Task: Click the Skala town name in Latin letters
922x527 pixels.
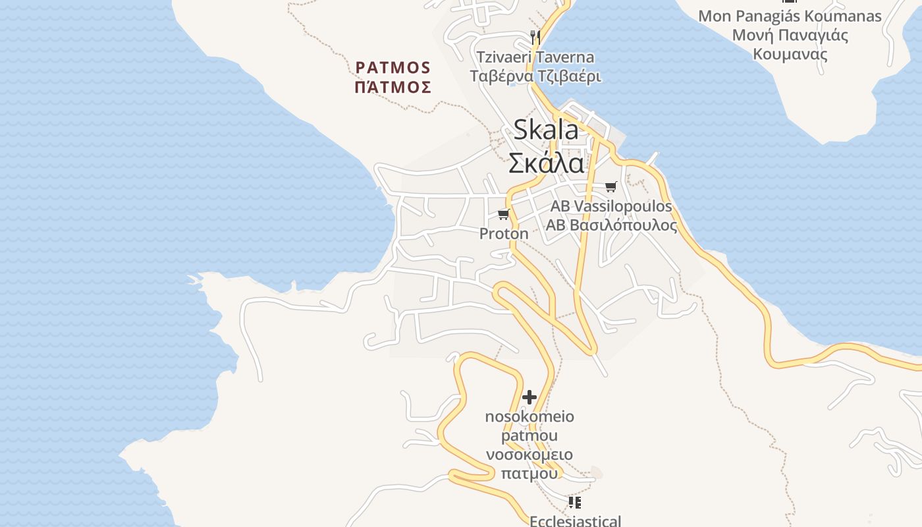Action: tap(546, 130)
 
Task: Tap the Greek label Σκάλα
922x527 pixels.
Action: tap(546, 163)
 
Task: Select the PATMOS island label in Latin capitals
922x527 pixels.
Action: tap(393, 68)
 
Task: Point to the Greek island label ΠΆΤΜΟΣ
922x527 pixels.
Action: tap(393, 87)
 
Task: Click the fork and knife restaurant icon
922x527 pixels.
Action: tap(535, 37)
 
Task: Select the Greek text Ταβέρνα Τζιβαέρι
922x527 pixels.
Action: tap(535, 76)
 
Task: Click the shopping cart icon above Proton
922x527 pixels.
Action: tap(504, 215)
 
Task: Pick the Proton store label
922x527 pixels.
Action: tap(504, 234)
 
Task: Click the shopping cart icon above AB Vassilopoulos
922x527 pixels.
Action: tap(611, 187)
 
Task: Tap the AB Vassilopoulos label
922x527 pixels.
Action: tap(611, 206)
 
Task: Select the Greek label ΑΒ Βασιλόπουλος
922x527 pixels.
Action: tap(611, 225)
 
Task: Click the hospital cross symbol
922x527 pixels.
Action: tap(529, 397)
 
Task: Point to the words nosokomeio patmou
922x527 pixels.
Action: tap(529, 426)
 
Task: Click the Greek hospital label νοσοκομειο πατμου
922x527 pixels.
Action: tap(529, 464)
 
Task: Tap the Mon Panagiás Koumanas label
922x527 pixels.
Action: tap(790, 16)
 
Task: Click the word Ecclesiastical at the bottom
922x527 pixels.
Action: tap(575, 521)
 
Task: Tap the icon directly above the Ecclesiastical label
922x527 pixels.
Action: tap(575, 503)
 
